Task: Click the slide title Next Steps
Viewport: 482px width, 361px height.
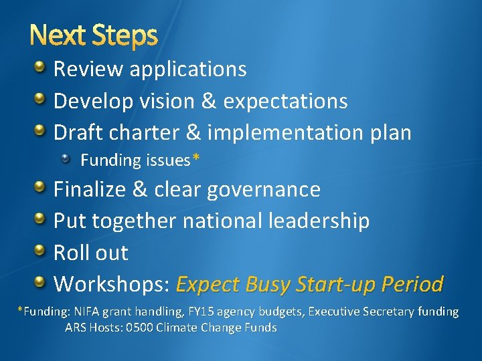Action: coord(93,36)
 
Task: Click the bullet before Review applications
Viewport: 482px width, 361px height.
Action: coord(41,68)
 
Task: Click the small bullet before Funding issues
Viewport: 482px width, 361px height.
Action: coord(66,159)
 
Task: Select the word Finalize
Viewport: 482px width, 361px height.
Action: coord(90,189)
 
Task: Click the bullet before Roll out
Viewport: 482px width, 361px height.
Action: coord(41,251)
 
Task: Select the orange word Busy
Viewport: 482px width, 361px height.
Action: coord(273,285)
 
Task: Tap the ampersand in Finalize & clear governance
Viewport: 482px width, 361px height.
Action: coord(140,189)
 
